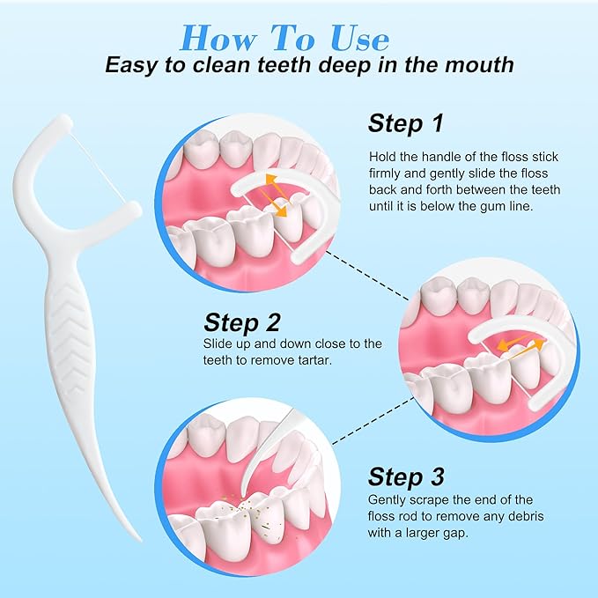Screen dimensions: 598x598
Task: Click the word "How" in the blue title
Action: [x=218, y=38]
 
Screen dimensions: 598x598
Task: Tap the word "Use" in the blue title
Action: [x=359, y=38]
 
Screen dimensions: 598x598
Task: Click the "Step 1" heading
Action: [x=406, y=123]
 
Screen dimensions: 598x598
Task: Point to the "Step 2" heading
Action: [x=242, y=322]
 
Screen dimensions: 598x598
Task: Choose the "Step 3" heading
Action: [x=406, y=476]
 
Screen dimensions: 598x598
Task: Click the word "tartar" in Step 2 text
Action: [x=311, y=360]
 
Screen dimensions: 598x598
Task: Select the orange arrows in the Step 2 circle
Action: [x=520, y=344]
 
